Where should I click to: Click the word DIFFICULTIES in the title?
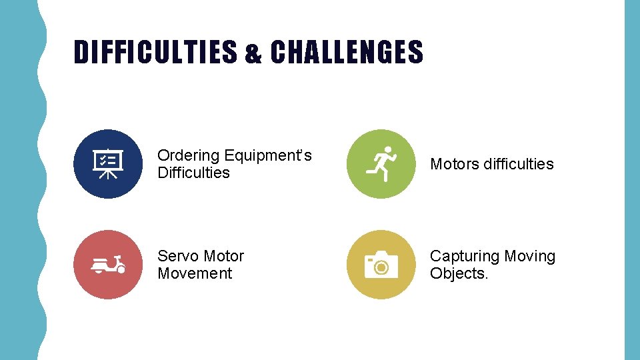click(x=155, y=52)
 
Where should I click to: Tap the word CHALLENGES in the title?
click(x=347, y=52)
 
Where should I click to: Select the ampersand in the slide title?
click(x=253, y=54)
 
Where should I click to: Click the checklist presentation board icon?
click(x=107, y=163)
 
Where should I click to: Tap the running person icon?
click(x=381, y=163)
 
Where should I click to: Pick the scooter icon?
click(x=107, y=264)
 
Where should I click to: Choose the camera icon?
click(x=381, y=264)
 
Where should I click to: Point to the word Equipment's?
click(x=267, y=155)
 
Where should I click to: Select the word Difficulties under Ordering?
click(x=193, y=173)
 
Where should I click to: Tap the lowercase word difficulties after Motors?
click(x=519, y=164)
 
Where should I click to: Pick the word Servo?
click(x=178, y=256)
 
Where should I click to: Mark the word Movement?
click(x=195, y=273)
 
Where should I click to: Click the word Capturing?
click(x=465, y=256)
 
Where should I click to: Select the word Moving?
click(x=530, y=256)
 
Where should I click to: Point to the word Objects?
click(x=459, y=273)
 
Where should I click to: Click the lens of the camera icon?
click(x=381, y=267)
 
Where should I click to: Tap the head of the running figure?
click(x=387, y=150)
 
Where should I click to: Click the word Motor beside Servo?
click(x=223, y=256)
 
